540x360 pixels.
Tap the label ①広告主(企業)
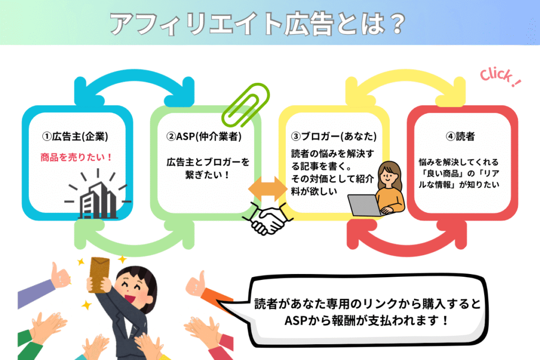pos(75,137)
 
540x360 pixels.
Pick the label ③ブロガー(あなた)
pos(333,137)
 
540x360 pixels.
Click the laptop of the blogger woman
pos(364,205)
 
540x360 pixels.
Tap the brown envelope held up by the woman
pos(100,274)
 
